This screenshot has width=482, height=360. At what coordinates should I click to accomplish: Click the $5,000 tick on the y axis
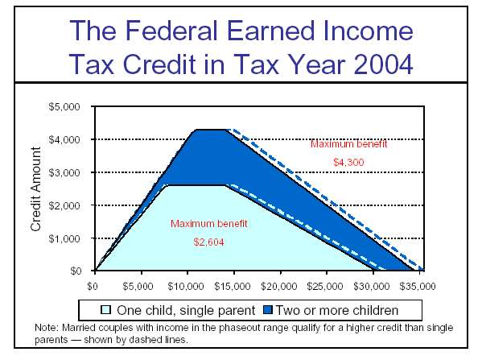pyautogui.click(x=64, y=107)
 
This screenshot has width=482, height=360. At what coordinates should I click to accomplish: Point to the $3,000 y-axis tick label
pyautogui.click(x=64, y=172)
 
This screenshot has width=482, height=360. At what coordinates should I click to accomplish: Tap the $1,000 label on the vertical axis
pyautogui.click(x=64, y=238)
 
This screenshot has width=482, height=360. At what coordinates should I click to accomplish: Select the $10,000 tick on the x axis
pyautogui.click(x=186, y=287)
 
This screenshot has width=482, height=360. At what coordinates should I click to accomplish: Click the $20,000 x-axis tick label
pyautogui.click(x=278, y=287)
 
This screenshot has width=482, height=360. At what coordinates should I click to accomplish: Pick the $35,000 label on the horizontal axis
pyautogui.click(x=418, y=287)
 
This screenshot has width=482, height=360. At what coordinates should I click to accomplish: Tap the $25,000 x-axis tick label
pyautogui.click(x=325, y=287)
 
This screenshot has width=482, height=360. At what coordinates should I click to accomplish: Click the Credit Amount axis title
pyautogui.click(x=35, y=189)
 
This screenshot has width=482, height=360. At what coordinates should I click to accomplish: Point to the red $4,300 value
pyautogui.click(x=348, y=162)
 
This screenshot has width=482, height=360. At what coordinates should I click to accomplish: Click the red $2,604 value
pyautogui.click(x=208, y=242)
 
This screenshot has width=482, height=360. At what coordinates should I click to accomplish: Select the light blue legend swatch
pyautogui.click(x=105, y=309)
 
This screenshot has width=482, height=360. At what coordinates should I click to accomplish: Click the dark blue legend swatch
pyautogui.click(x=268, y=309)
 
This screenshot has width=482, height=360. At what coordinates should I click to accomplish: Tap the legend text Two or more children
pyautogui.click(x=337, y=310)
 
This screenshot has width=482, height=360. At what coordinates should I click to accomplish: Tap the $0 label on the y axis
pyautogui.click(x=76, y=271)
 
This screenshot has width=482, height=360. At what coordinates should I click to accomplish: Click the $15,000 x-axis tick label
pyautogui.click(x=233, y=287)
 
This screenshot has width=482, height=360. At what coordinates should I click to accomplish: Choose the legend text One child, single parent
pyautogui.click(x=186, y=310)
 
